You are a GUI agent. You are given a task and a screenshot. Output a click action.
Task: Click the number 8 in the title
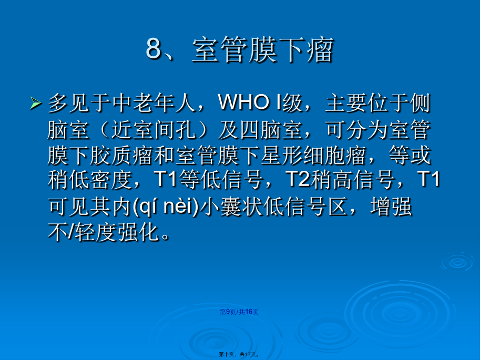click(x=154, y=48)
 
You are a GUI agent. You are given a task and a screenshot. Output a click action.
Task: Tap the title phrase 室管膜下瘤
click(x=263, y=49)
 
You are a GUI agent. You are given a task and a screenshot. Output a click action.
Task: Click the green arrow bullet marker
click(x=36, y=103)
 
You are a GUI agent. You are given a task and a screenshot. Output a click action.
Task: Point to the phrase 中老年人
click(x=154, y=103)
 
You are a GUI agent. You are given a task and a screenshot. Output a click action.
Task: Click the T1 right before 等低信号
click(x=166, y=179)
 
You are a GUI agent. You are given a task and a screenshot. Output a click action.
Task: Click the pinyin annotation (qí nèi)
click(x=167, y=207)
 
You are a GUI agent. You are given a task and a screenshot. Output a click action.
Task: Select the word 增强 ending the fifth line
click(x=391, y=207)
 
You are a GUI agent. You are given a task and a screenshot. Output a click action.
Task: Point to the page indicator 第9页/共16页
click(x=239, y=312)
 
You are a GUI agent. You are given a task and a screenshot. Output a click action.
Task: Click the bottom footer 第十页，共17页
click(x=239, y=354)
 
